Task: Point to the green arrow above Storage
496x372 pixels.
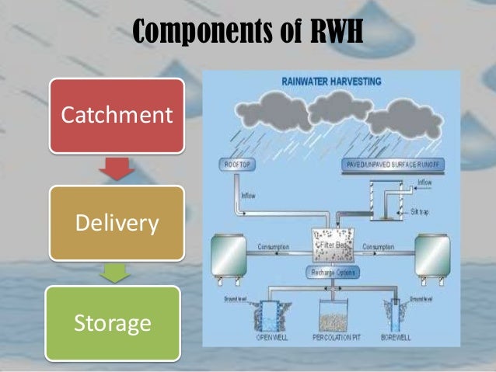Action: pyautogui.click(x=117, y=272)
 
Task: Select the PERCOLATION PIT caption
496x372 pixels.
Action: pyautogui.click(x=338, y=339)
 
